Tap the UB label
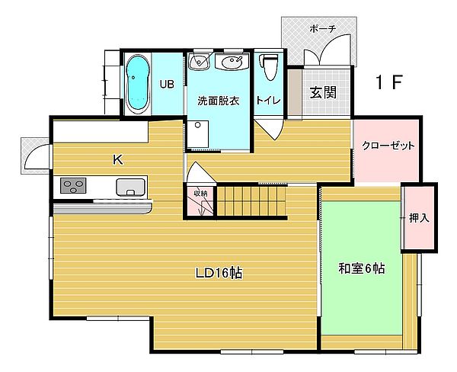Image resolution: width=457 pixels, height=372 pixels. click(x=167, y=84)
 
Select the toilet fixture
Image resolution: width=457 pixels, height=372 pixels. click(x=270, y=67)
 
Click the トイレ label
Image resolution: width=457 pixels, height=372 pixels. click(x=268, y=101)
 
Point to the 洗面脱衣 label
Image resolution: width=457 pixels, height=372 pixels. click(x=219, y=101)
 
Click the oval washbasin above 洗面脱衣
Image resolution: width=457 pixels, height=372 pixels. click(x=232, y=61)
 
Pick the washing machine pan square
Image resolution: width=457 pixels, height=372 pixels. click(x=197, y=134)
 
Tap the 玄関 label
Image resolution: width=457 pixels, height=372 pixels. click(x=323, y=92)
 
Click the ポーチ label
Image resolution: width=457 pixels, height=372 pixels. click(x=323, y=29)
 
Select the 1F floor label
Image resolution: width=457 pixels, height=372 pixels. click(x=388, y=82)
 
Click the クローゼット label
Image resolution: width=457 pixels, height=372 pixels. click(x=388, y=146)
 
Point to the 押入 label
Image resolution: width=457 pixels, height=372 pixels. click(x=419, y=218)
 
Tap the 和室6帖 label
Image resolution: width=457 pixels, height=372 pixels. click(x=361, y=268)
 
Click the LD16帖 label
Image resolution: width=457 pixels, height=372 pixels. click(x=219, y=273)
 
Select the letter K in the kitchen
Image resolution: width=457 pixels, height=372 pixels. click(x=118, y=159)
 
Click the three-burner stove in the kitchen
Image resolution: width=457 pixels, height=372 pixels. click(x=73, y=185)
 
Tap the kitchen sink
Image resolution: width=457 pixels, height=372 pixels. click(x=130, y=187)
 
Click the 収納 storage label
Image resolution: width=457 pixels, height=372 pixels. click(x=200, y=193)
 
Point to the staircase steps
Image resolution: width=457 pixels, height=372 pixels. click(x=251, y=200)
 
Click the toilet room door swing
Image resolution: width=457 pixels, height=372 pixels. click(x=269, y=127)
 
